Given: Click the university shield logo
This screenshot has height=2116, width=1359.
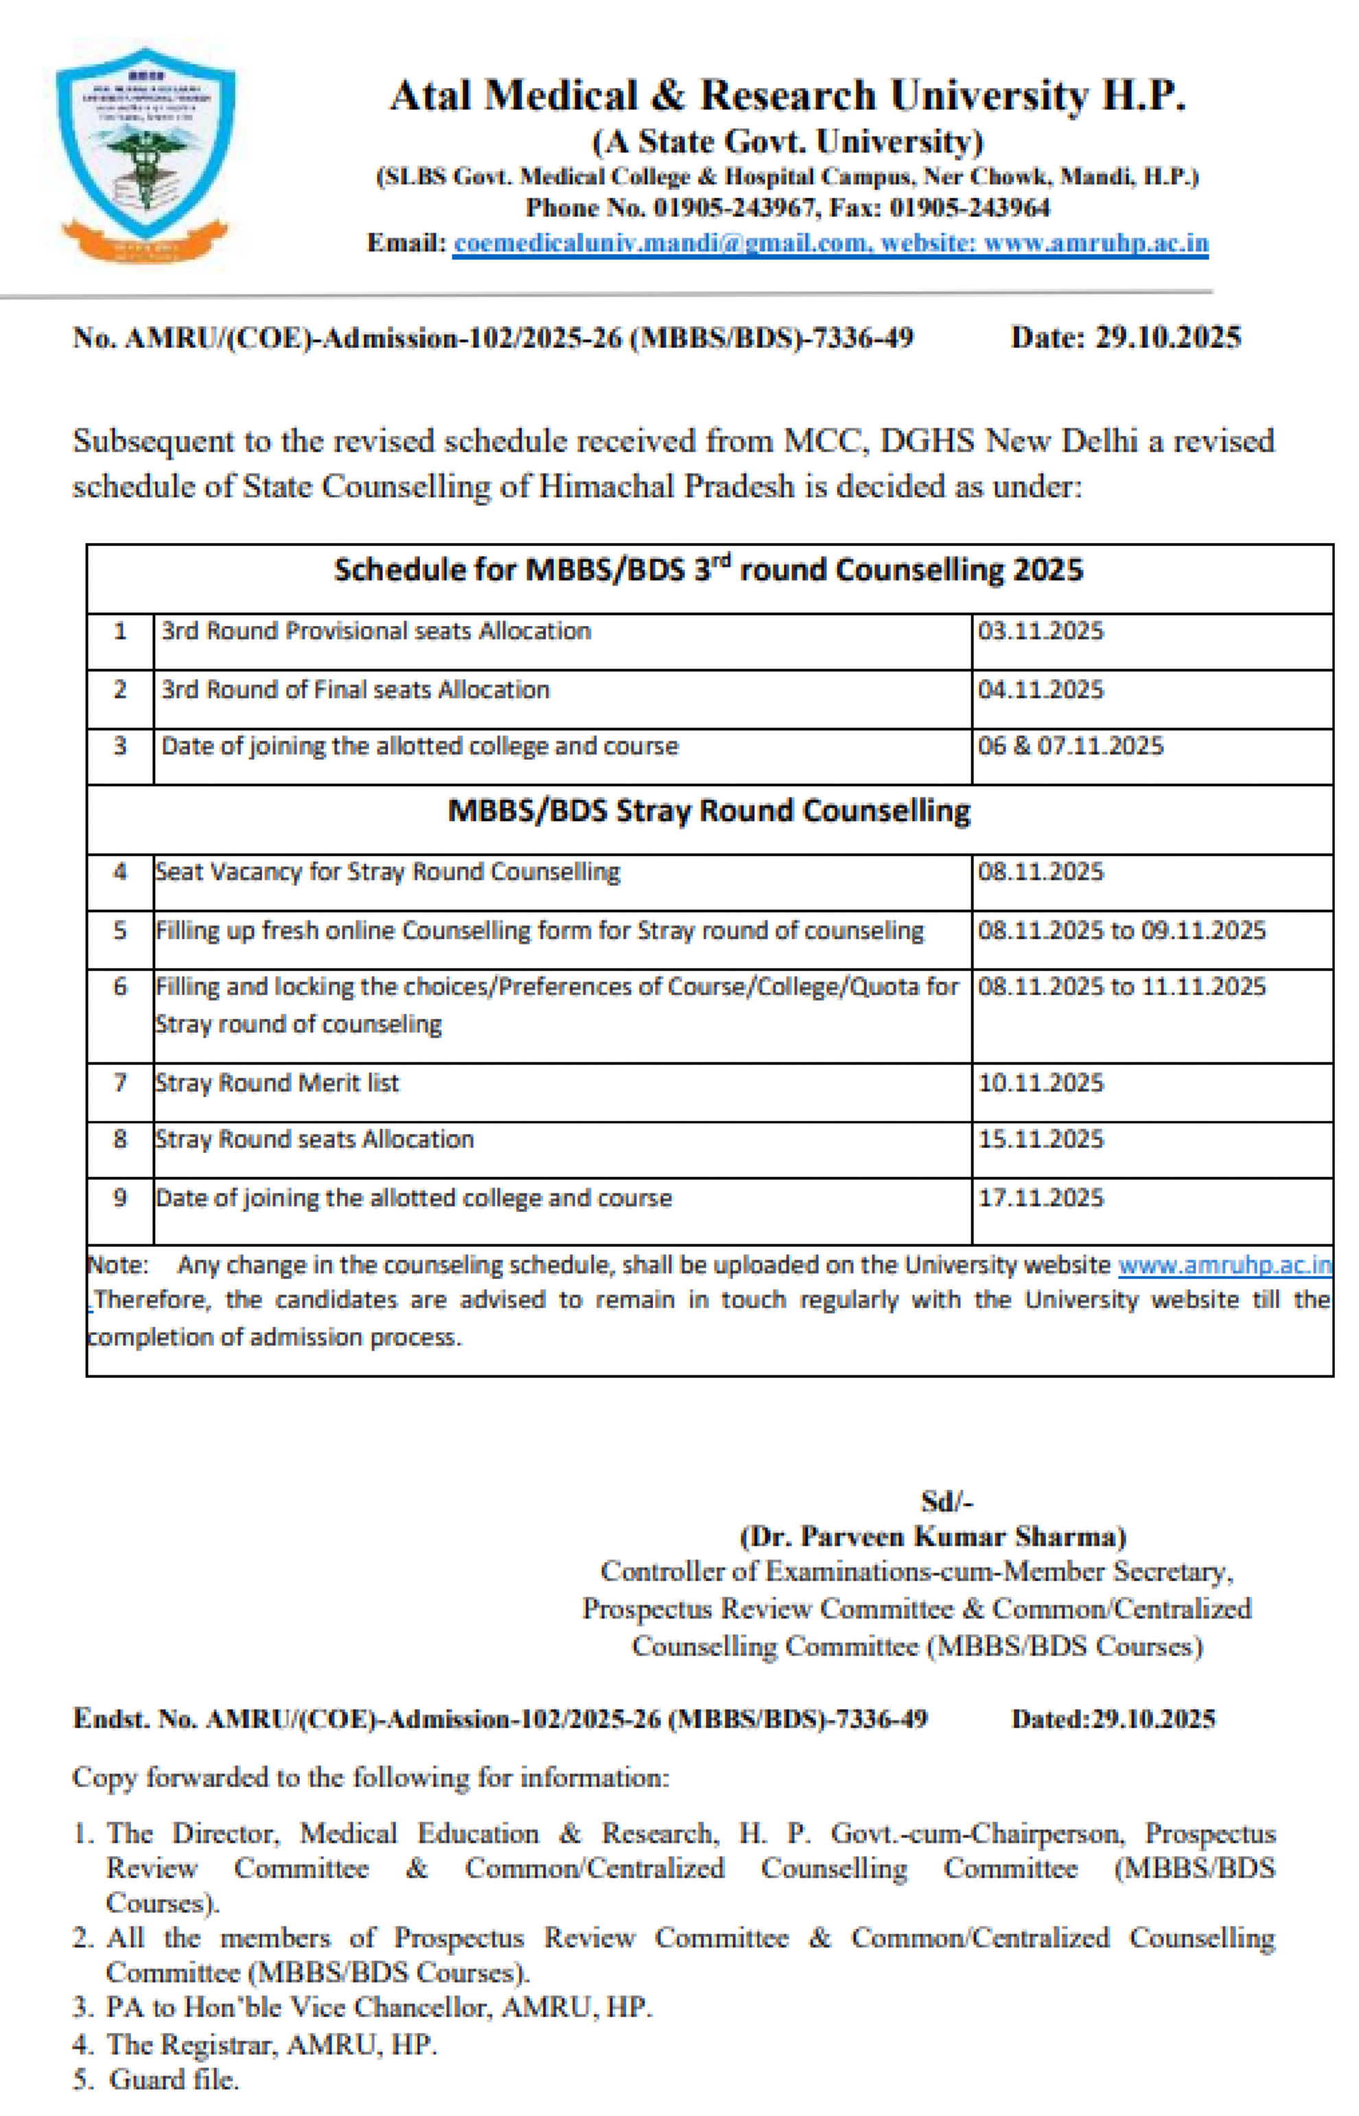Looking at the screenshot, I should tap(146, 154).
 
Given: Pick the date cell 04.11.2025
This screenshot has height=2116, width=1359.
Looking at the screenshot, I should tap(1041, 689).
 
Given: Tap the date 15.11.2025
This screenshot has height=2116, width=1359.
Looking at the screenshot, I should tap(1041, 1139).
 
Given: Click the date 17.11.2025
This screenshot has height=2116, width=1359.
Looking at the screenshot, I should tap(1041, 1198).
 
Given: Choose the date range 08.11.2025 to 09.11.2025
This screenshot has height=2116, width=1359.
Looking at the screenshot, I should tap(1121, 930).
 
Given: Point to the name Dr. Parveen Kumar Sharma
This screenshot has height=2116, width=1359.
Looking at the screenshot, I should tap(933, 1537).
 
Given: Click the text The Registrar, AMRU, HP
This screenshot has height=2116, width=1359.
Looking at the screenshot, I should tap(272, 2045).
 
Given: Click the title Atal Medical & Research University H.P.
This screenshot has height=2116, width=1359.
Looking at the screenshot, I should tap(787, 95).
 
